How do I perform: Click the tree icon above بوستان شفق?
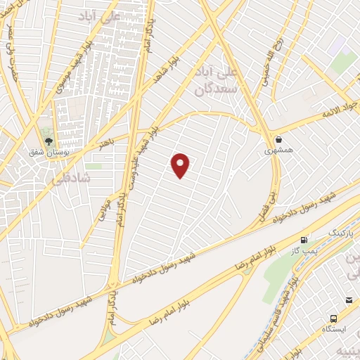click(49, 141)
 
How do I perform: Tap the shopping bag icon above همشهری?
click(279, 139)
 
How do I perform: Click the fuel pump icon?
click(304, 240)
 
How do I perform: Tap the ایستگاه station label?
click(337, 329)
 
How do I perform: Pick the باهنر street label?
click(106, 143)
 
